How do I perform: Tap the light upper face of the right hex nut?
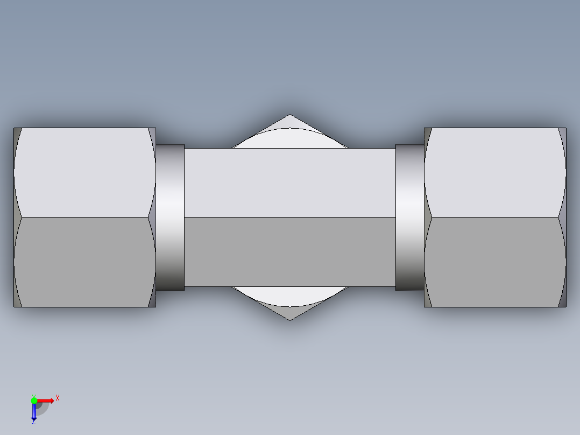(495, 172)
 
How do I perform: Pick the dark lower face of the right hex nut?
(495, 262)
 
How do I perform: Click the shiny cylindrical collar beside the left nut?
(170, 217)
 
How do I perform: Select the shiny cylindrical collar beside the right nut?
(409, 217)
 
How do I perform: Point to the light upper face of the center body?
(290, 183)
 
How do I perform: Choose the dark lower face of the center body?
(290, 252)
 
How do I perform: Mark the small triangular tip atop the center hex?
(289, 122)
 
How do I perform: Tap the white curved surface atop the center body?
(290, 139)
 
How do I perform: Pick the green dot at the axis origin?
(34, 400)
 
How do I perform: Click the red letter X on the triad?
(58, 398)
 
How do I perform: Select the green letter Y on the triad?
(33, 395)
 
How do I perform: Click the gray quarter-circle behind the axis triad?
(43, 409)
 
